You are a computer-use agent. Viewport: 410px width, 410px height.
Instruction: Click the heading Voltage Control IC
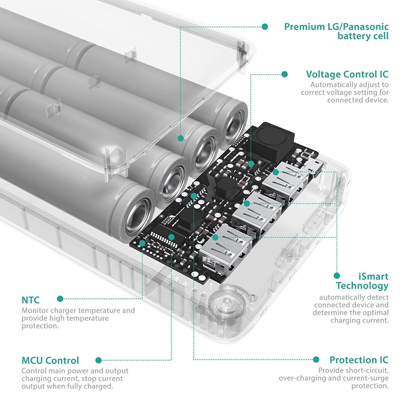(x=347, y=74)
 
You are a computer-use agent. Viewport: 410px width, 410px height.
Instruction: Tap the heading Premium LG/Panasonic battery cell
(x=336, y=32)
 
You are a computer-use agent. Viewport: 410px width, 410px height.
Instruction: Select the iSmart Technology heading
(x=362, y=281)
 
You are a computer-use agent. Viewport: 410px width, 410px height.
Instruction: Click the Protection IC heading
(x=359, y=360)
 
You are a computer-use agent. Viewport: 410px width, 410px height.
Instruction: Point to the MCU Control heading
(x=50, y=360)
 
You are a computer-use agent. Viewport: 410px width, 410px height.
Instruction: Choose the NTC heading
(x=31, y=299)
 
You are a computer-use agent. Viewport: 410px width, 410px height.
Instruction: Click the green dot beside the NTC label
(x=60, y=299)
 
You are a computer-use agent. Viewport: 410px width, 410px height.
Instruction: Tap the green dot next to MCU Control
(x=98, y=360)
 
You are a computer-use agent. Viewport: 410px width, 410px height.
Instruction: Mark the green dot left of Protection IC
(x=316, y=360)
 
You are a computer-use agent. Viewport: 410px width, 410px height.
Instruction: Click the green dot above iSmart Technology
(x=337, y=276)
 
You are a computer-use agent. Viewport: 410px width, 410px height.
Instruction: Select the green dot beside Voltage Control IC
(x=285, y=74)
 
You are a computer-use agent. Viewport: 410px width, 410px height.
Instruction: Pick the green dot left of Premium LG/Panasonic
(x=264, y=27)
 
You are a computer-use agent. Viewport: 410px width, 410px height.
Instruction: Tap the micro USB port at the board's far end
(x=310, y=165)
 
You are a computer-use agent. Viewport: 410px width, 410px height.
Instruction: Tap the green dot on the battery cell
(x=181, y=138)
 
